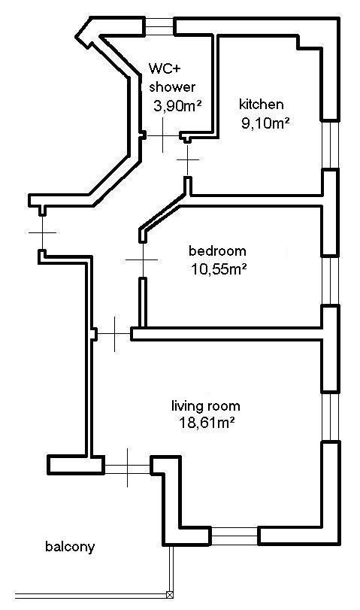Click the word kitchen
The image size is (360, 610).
(262, 105)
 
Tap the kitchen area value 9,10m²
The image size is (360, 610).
(266, 123)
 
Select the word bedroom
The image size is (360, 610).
(217, 251)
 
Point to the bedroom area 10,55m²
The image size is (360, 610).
(219, 269)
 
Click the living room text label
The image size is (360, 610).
(206, 406)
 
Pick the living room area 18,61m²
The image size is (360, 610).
(207, 423)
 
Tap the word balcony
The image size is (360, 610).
(70, 547)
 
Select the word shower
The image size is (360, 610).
(172, 86)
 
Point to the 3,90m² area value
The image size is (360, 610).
(177, 105)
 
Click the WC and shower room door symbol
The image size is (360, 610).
(163, 135)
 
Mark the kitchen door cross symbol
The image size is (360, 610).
(188, 159)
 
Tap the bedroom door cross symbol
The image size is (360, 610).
(142, 259)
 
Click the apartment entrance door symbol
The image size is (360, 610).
(42, 232)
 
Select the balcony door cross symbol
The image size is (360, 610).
(128, 468)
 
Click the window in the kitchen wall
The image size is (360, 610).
(331, 144)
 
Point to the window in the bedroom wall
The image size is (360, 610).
(331, 281)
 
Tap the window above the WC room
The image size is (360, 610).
(159, 26)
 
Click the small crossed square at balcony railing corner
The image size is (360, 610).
(170, 594)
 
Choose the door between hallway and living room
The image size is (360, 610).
(114, 334)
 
